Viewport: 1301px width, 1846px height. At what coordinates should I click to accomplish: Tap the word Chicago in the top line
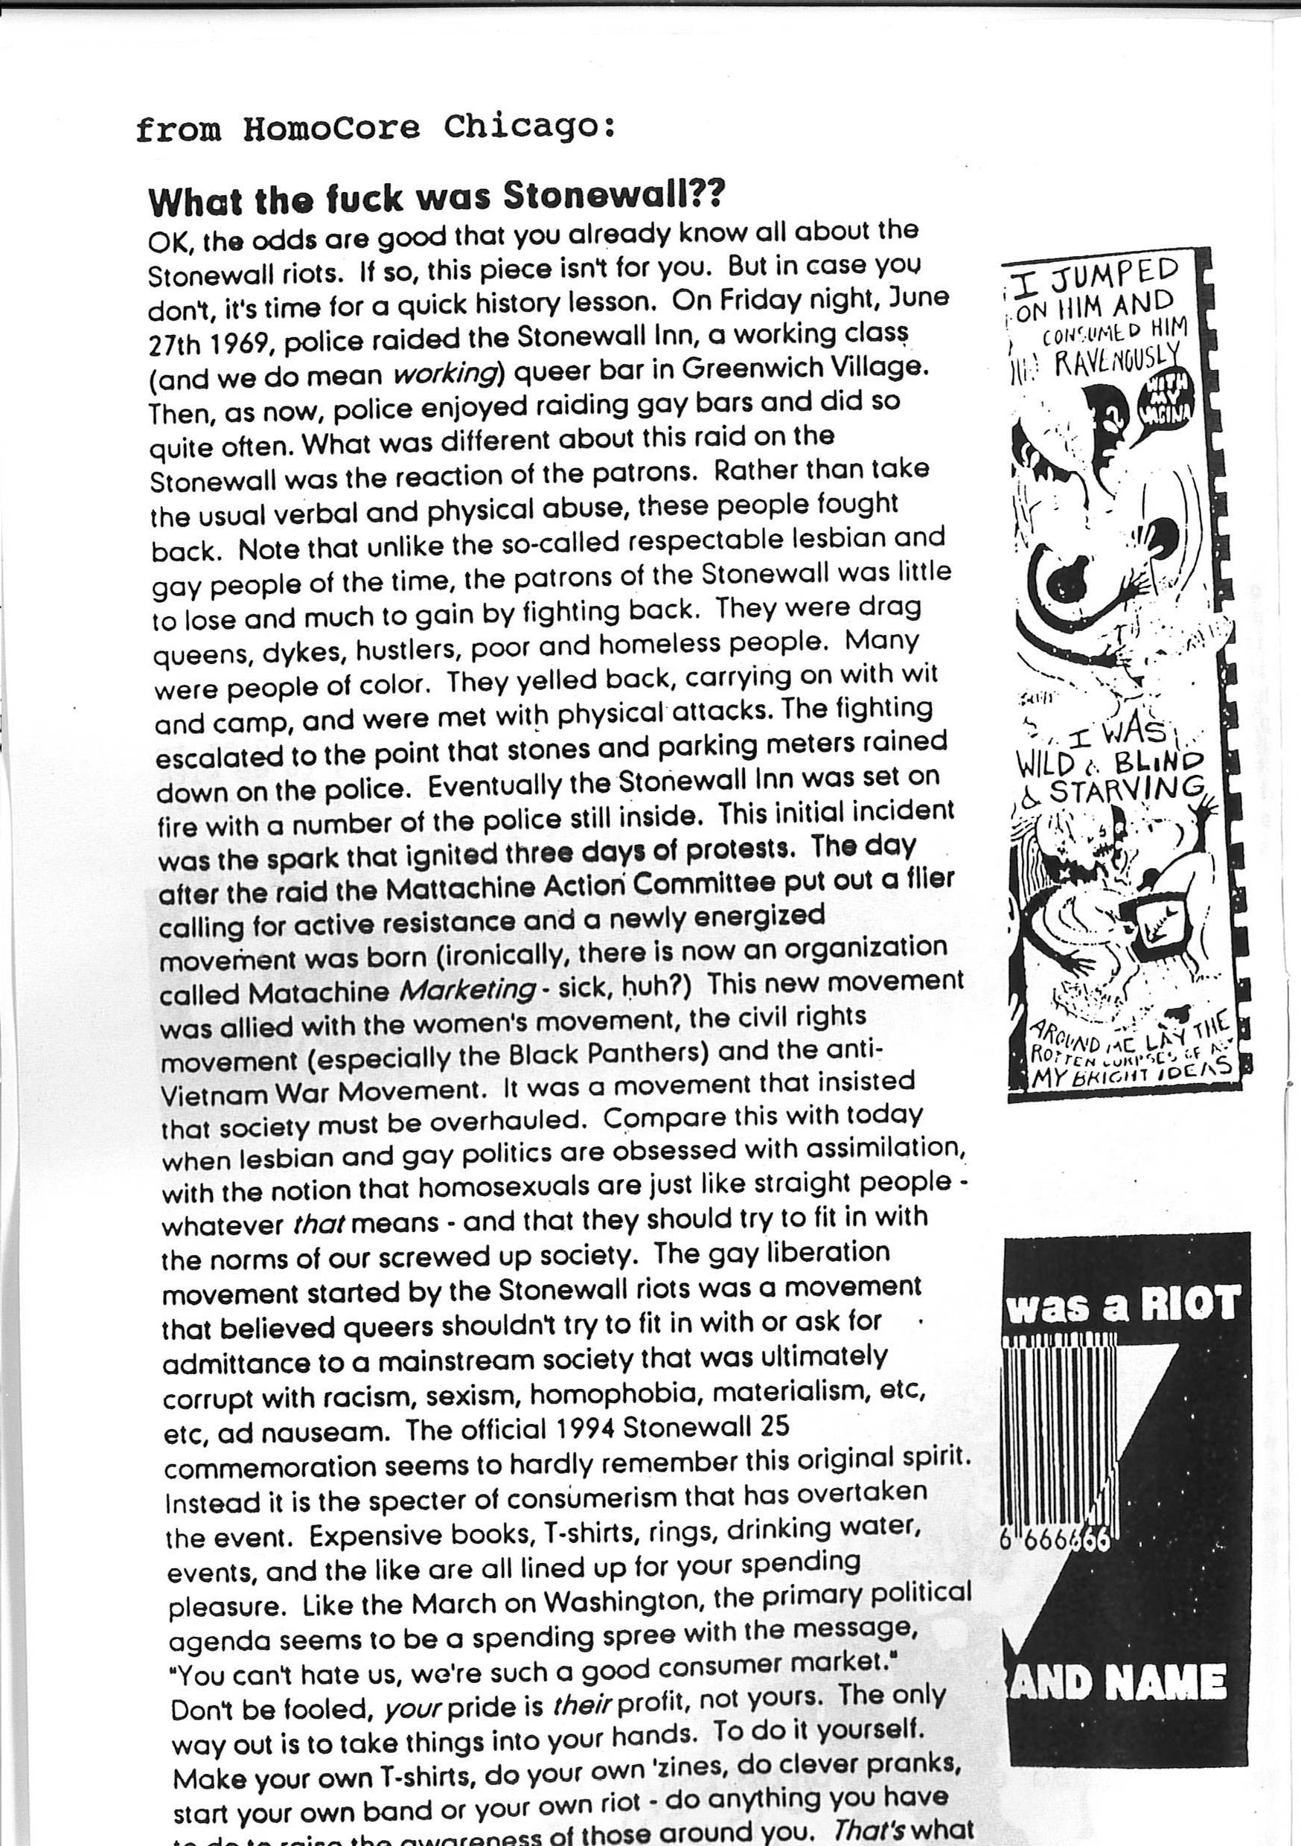tap(529, 127)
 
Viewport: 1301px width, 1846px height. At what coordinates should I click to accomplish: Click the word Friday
tap(763, 300)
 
